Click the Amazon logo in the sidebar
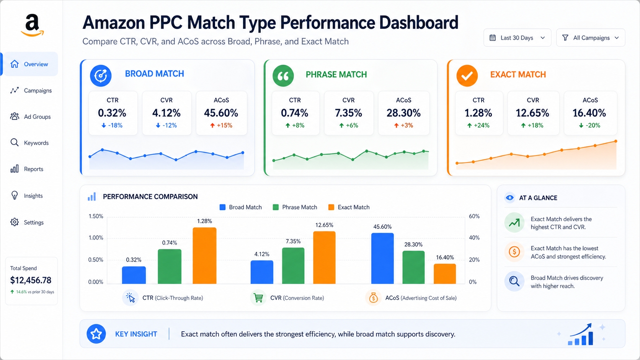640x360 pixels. click(x=33, y=25)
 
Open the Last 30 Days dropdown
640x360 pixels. click(x=517, y=38)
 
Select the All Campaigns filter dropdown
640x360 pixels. click(x=590, y=38)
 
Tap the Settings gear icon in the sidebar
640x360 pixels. click(x=15, y=222)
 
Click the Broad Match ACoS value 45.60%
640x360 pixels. click(x=221, y=113)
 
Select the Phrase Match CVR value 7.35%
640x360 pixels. click(x=348, y=113)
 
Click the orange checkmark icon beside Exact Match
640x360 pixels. click(x=467, y=76)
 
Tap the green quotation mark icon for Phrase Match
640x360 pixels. click(x=283, y=76)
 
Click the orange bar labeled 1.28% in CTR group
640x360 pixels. click(x=204, y=256)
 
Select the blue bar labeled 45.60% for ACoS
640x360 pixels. click(x=382, y=258)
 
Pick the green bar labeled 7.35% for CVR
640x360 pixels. click(x=293, y=266)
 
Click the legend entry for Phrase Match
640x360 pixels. click(x=295, y=207)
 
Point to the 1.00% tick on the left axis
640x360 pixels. click(x=96, y=238)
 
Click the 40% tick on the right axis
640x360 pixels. click(x=474, y=238)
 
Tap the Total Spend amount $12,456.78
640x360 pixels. click(x=31, y=280)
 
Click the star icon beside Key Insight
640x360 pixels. click(x=96, y=334)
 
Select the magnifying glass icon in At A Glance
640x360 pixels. click(x=514, y=282)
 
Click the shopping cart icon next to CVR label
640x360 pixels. click(x=258, y=298)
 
